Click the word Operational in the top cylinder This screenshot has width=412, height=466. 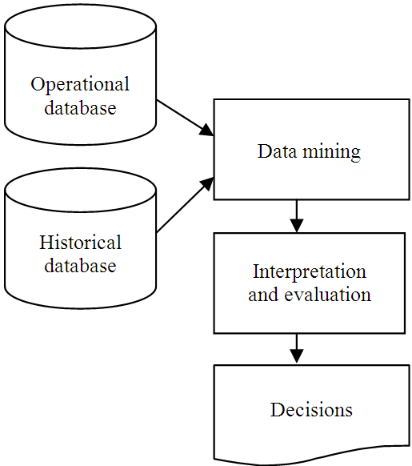(79, 85)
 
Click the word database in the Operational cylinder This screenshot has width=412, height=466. (79, 107)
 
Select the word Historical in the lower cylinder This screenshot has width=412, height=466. (80, 243)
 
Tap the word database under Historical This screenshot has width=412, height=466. (79, 265)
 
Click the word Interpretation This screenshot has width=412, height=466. (309, 271)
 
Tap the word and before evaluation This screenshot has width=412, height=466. (262, 295)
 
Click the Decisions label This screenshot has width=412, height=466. (311, 410)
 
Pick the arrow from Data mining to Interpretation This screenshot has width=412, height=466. (297, 215)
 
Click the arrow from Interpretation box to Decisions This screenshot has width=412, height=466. (297, 346)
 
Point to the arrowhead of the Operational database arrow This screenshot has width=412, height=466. (206, 131)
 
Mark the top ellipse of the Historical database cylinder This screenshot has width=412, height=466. (80, 188)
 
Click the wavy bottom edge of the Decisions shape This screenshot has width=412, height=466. (312, 459)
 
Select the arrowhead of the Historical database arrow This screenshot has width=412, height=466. (206, 184)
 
